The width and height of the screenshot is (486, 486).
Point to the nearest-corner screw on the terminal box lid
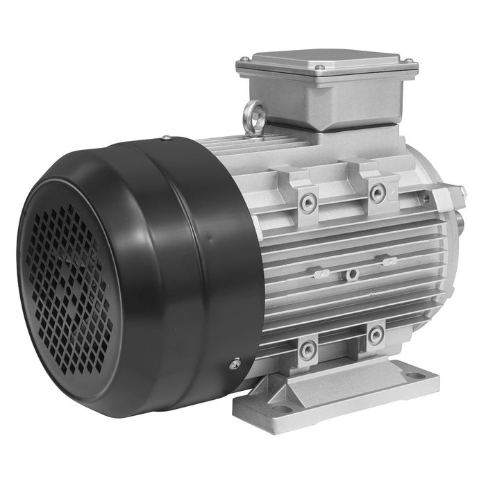pyautogui.click(x=319, y=67)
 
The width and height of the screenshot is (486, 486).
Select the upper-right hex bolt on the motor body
pyautogui.click(x=378, y=193)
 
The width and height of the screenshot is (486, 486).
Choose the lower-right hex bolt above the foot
pyautogui.click(x=376, y=335)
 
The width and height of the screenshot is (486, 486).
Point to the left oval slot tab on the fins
pyautogui.click(x=320, y=274)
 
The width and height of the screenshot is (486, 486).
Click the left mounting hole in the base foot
pyautogui.click(x=280, y=410)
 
